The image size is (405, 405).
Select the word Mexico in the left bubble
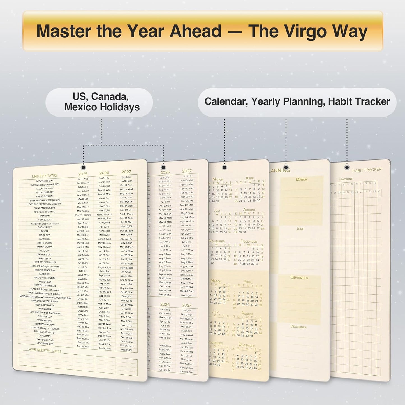pos(80,107)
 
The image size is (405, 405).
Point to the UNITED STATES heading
pos(45,176)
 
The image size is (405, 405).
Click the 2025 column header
pos(83,174)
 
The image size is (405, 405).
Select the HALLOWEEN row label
pos(45,309)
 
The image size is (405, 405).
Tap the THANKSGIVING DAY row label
pos(45,324)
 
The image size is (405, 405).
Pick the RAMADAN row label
pos(45,216)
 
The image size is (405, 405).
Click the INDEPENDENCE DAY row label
pos(45,270)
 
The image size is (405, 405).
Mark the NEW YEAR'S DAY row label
pos(45,181)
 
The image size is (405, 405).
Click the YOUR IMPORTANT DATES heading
pos(45,350)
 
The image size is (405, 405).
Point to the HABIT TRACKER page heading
pos(367,170)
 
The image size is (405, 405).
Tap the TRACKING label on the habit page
pos(346,179)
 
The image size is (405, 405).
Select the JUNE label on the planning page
pos(300,229)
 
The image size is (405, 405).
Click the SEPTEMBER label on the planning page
pos(299,277)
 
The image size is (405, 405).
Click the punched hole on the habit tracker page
pos(347,168)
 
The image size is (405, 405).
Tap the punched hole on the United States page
pos(83,168)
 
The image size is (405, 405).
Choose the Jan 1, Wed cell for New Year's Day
pos(83,179)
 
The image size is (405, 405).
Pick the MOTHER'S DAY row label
pos(45,243)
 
